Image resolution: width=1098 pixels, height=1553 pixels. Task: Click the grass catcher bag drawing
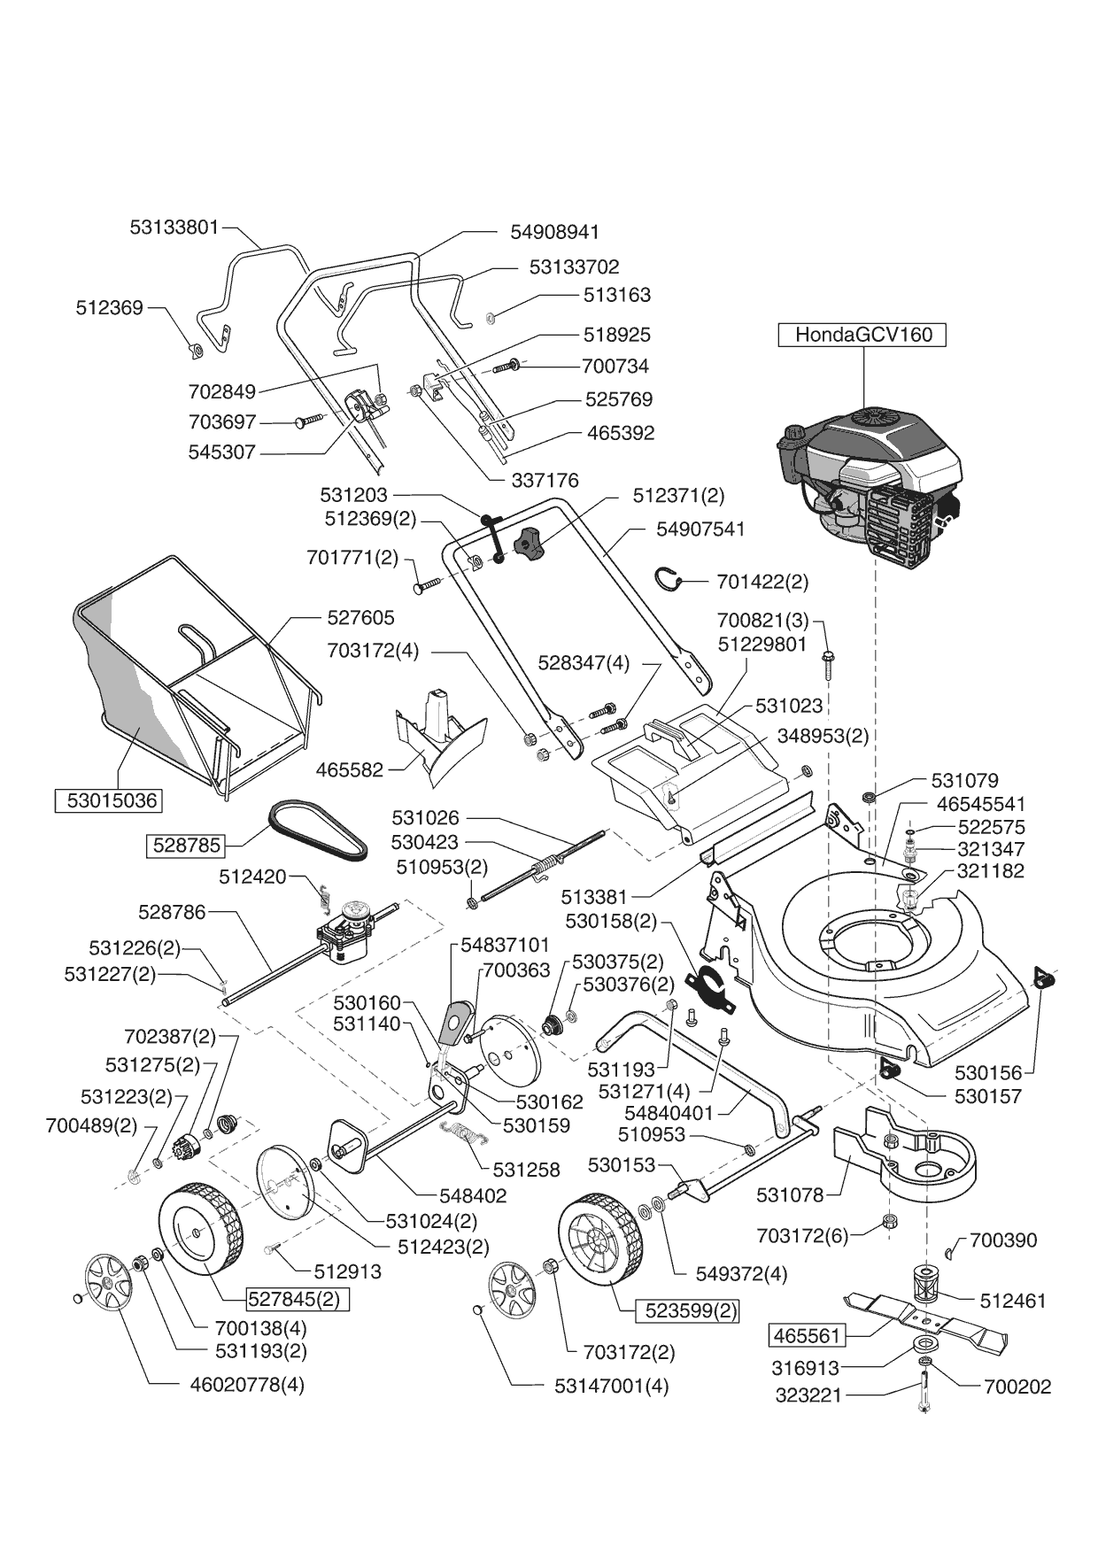coord(186,673)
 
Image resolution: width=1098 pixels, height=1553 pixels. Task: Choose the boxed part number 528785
coord(186,845)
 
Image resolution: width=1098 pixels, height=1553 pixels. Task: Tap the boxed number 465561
coord(807,1334)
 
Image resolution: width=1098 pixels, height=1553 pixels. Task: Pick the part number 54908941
coord(555,232)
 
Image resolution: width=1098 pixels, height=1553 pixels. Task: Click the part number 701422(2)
coord(762,582)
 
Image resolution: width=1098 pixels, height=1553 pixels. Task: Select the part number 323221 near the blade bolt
coord(808,1395)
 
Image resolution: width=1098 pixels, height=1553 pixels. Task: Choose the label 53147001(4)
coord(612,1386)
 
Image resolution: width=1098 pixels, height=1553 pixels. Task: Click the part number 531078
coord(790,1195)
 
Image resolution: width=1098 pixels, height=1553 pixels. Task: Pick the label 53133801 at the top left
coord(174,227)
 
